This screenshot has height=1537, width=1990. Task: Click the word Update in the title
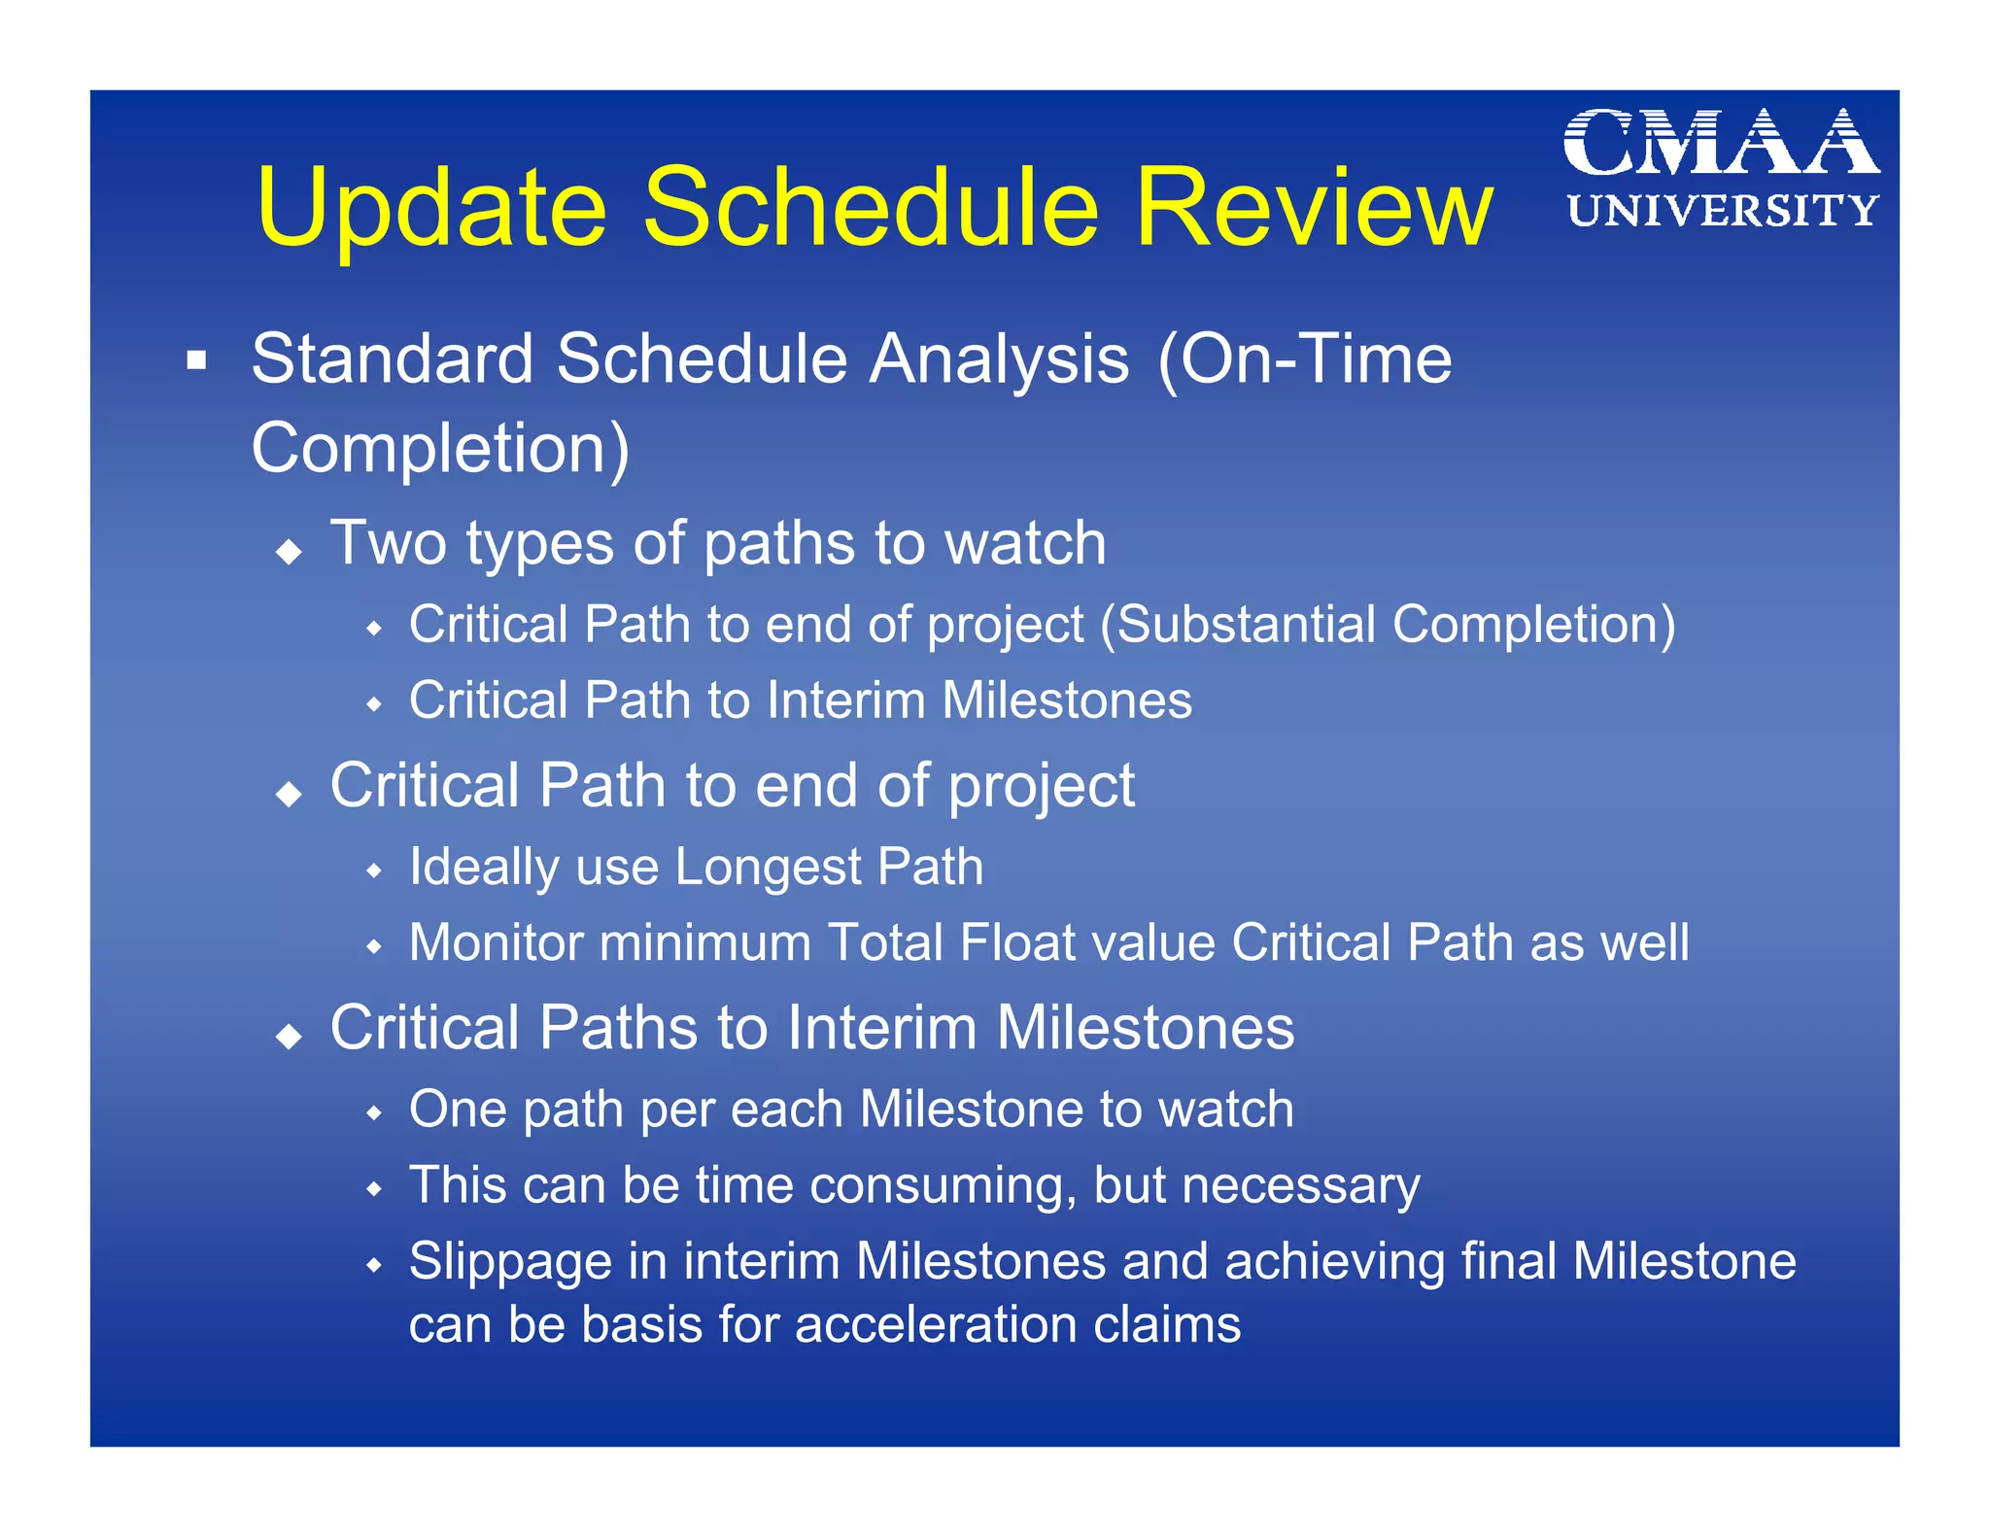(x=431, y=209)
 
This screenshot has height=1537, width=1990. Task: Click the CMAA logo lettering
(x=1721, y=143)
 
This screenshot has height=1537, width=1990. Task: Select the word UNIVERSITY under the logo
(x=1723, y=211)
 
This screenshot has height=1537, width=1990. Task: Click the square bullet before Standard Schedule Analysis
(x=197, y=361)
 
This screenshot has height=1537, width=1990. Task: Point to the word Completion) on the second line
(x=440, y=449)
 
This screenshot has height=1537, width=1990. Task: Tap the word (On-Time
(x=1305, y=359)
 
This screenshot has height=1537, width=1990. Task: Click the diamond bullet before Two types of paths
(x=289, y=553)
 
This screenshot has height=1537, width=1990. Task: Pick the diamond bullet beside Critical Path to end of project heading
(x=289, y=795)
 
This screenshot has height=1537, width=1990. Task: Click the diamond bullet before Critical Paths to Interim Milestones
(x=289, y=1038)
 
